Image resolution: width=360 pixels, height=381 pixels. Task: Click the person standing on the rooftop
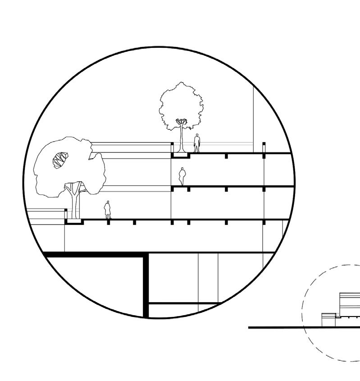[x=197, y=143]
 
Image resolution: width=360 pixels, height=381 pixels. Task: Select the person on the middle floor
[x=182, y=176]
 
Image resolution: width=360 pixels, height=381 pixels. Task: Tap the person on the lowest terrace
[x=108, y=210]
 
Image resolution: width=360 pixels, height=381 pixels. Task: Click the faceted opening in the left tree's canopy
[x=60, y=160]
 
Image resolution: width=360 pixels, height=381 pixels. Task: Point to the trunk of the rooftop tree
[x=182, y=138]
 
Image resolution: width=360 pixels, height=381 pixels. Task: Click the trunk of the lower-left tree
[x=74, y=203]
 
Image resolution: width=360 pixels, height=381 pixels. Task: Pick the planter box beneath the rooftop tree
[x=180, y=156]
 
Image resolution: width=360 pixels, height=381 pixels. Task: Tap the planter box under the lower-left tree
[x=74, y=222]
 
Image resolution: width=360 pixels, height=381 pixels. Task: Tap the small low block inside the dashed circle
[x=328, y=320]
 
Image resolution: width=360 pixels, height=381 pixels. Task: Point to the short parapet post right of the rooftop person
[x=264, y=147]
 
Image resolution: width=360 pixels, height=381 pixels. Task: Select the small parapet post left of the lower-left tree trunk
[x=66, y=214]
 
